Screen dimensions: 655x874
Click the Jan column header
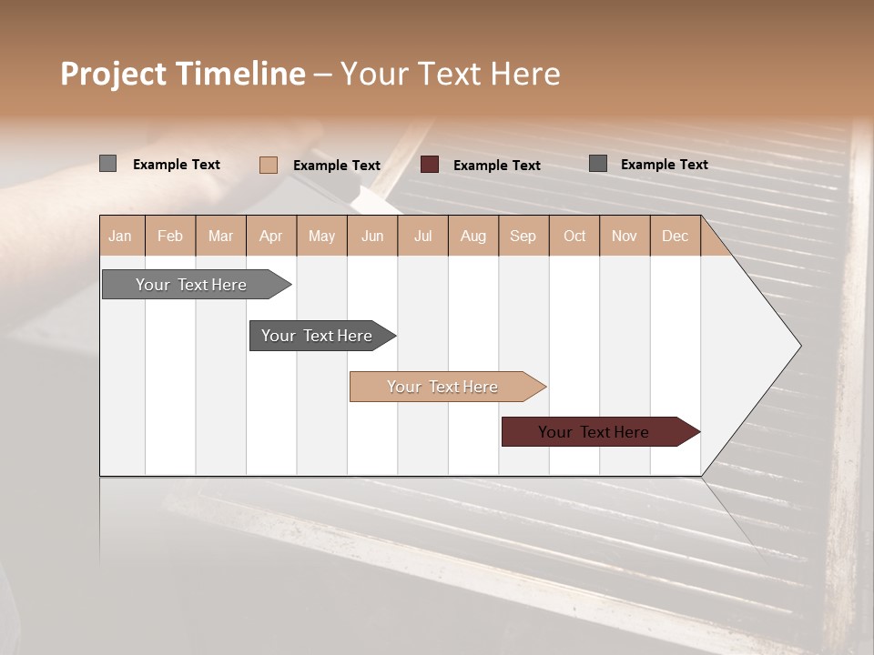click(x=120, y=236)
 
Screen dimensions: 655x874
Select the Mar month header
click(x=220, y=236)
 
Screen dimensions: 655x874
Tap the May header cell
click(x=321, y=236)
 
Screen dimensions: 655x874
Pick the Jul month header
click(x=422, y=236)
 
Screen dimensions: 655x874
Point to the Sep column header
click(x=523, y=236)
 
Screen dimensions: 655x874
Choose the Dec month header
click(x=675, y=236)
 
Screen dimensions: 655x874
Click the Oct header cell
click(x=574, y=236)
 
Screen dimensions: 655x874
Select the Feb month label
click(x=170, y=236)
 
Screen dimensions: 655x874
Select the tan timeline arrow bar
click(x=443, y=387)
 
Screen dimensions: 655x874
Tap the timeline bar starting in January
click(x=192, y=285)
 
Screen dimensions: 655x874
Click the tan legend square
click(x=269, y=165)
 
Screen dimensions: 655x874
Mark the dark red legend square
click(x=430, y=165)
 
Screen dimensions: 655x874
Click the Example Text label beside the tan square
click(x=337, y=166)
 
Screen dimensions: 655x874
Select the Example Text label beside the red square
click(x=497, y=166)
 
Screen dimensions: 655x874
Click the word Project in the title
click(x=114, y=74)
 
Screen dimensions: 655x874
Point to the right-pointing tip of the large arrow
click(x=798, y=346)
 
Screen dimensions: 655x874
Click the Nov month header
click(x=625, y=236)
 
